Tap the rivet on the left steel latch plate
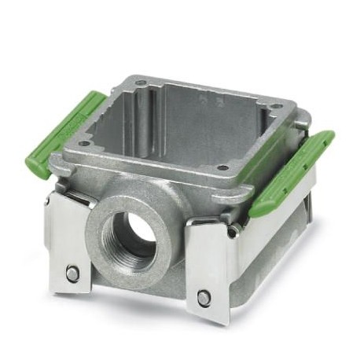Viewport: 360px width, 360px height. tap(72, 273)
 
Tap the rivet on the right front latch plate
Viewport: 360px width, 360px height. tap(204, 297)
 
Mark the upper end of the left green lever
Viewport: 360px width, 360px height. tap(94, 98)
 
